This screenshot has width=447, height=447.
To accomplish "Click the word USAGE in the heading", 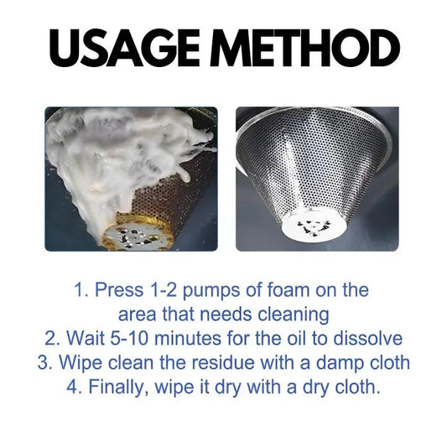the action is click(x=124, y=48).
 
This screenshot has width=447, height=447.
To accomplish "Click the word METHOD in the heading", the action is click(x=304, y=48).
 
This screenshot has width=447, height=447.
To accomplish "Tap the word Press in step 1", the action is click(x=119, y=290).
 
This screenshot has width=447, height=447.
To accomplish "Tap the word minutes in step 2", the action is click(x=188, y=339).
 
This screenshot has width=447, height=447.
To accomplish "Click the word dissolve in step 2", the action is click(x=368, y=339).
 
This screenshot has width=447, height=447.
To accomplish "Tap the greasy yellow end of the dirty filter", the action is click(x=138, y=232).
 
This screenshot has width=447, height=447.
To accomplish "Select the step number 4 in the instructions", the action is click(x=71, y=387).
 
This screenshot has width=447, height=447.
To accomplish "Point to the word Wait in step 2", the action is click(x=86, y=339).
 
